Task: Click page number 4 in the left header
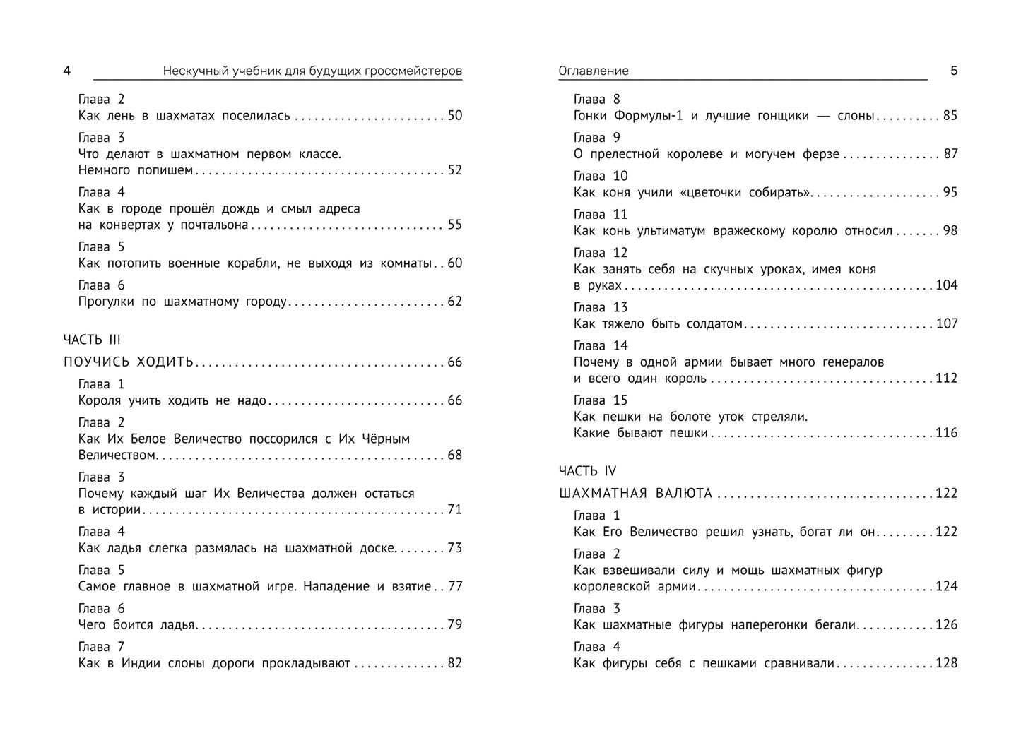[x=67, y=71]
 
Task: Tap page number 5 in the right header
[x=953, y=71]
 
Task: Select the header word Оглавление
[x=593, y=71]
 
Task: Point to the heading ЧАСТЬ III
[x=92, y=340]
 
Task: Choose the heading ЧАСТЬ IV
[x=587, y=471]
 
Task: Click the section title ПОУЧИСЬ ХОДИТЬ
[x=128, y=362]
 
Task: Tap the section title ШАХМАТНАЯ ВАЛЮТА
[x=635, y=494]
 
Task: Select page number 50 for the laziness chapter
[x=454, y=116]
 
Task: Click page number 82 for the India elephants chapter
[x=454, y=663]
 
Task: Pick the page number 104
[x=946, y=285]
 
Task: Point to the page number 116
[x=946, y=433]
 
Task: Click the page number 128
[x=946, y=663]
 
